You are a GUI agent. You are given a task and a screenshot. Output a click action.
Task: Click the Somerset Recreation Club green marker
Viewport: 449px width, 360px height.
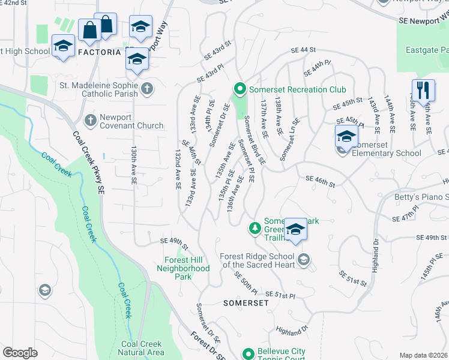click(x=240, y=89)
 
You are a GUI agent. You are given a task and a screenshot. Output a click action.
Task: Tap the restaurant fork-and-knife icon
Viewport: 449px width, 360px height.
click(x=424, y=91)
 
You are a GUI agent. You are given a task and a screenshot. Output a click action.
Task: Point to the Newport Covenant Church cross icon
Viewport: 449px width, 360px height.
click(x=91, y=120)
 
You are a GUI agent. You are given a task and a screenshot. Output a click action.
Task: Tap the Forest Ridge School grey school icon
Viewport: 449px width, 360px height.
click(x=304, y=259)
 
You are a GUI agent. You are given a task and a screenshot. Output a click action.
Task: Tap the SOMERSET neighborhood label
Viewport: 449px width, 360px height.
click(x=246, y=303)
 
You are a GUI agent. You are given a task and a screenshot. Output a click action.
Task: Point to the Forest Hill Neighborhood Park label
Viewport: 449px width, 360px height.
click(x=187, y=268)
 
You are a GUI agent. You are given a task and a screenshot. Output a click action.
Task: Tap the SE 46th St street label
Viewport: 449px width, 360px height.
click(x=319, y=179)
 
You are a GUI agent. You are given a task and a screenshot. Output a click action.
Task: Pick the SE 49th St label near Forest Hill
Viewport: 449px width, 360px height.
click(x=174, y=241)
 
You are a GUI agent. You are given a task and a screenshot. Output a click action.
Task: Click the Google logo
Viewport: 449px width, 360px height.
click(x=20, y=353)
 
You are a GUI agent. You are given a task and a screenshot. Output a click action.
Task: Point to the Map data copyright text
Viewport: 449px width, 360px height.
click(x=423, y=355)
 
